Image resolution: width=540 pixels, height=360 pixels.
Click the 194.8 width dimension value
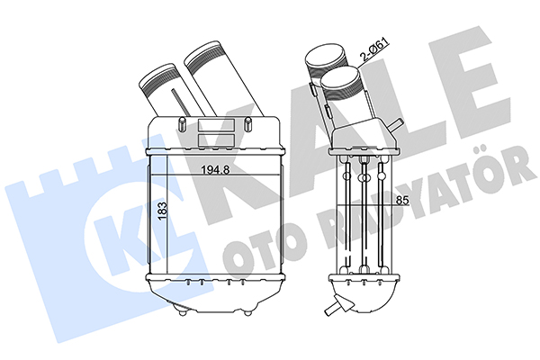(215, 169)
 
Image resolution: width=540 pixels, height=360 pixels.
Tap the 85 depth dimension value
(401, 200)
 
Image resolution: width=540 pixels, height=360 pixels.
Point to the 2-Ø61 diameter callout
(373, 50)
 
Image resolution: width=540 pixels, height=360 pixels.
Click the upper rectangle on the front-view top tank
(216, 124)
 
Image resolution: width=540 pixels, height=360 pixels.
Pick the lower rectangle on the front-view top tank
(216, 139)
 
